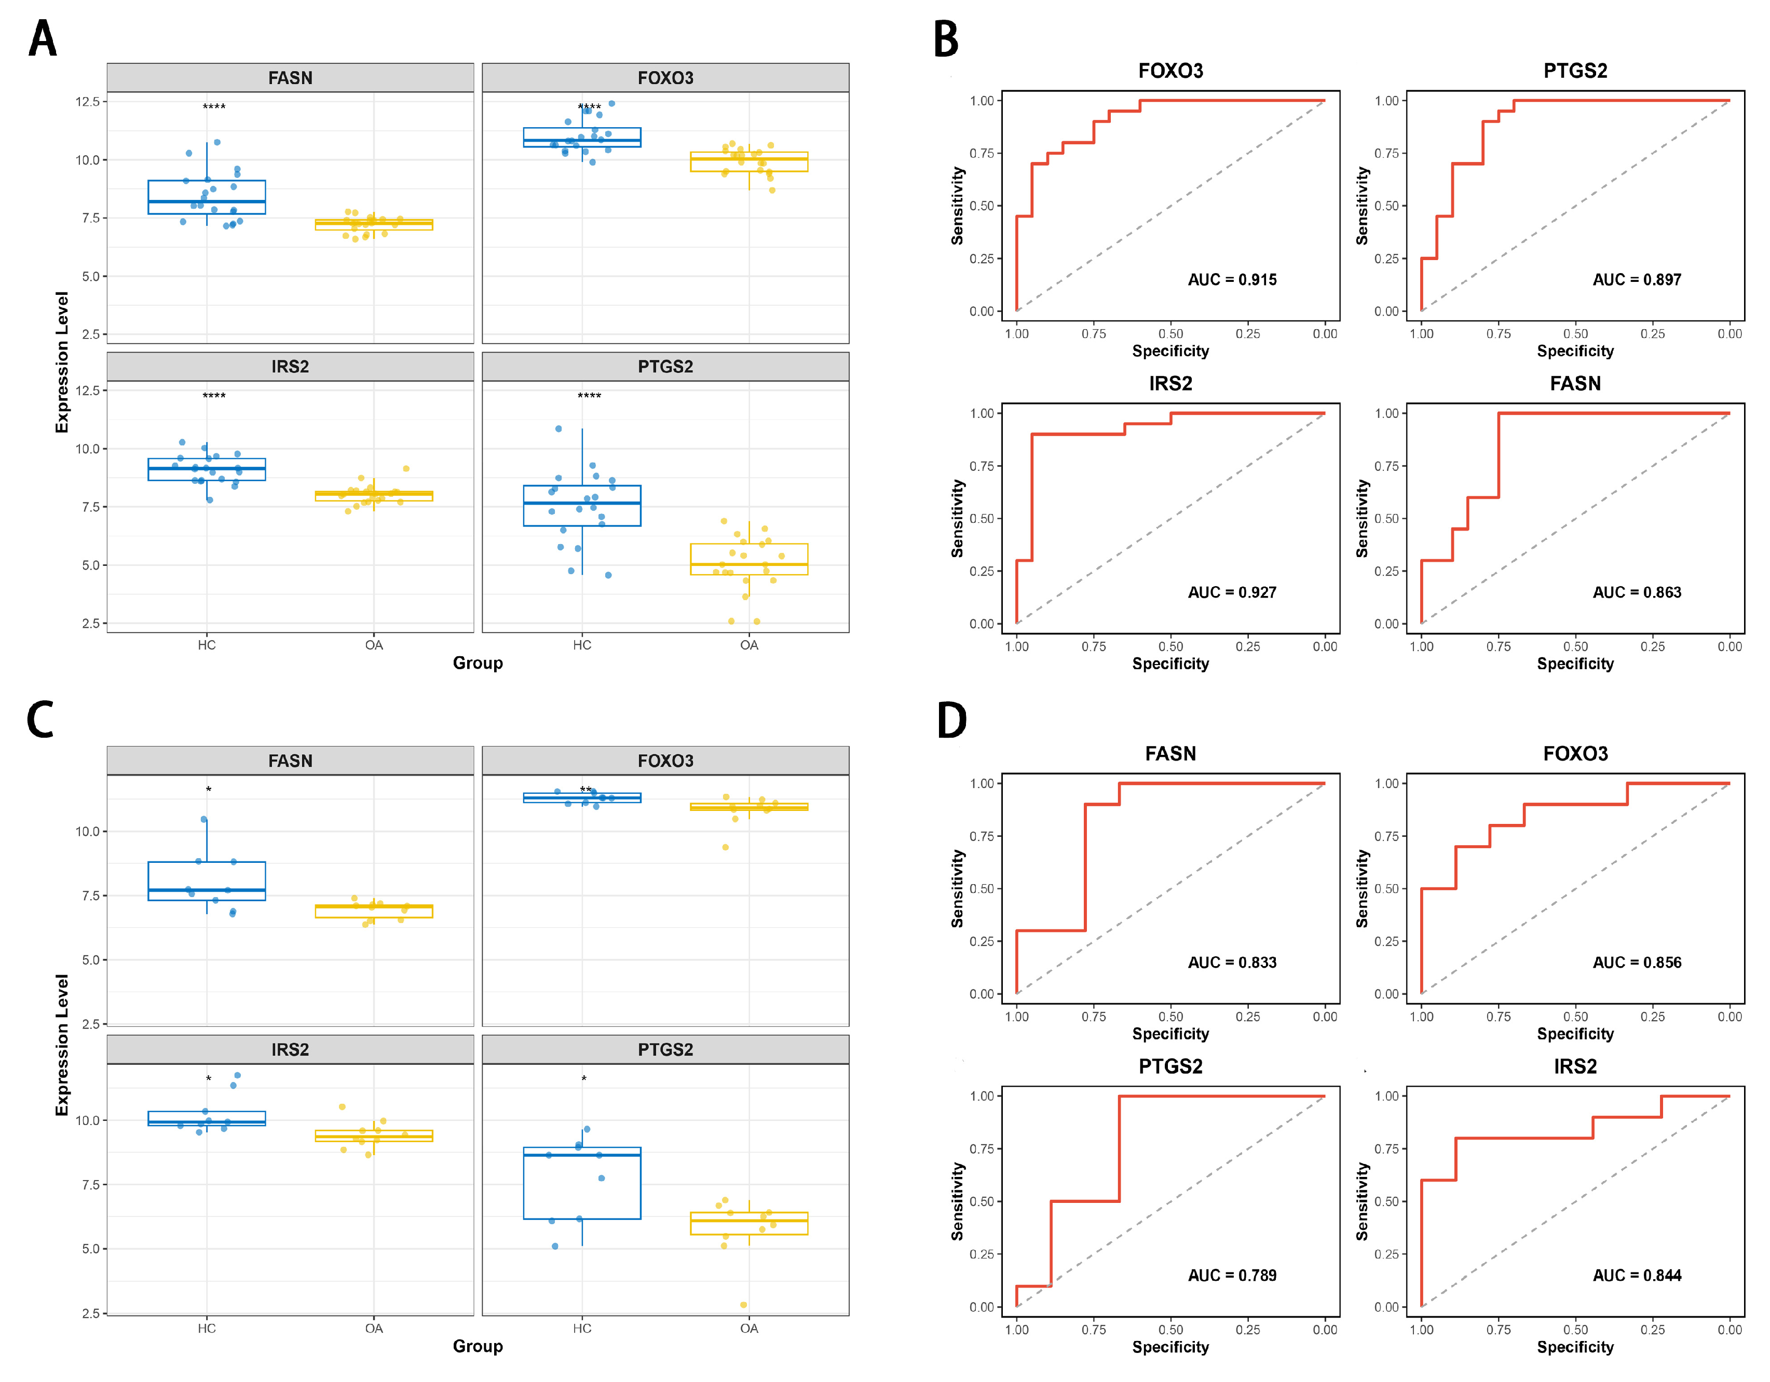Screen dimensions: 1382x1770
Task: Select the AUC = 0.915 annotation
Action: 1232,280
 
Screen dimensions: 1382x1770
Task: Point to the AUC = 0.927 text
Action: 1232,592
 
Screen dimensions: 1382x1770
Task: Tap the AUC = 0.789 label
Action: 1232,1275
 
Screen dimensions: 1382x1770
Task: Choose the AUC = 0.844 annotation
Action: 1636,1275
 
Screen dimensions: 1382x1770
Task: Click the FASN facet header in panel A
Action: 290,78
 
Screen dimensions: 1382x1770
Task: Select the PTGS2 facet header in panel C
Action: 665,1050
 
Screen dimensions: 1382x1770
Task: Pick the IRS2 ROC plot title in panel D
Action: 1575,1067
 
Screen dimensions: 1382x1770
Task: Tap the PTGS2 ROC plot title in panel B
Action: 1575,71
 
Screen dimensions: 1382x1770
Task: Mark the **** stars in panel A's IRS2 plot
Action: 214,396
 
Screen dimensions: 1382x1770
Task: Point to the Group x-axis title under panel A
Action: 478,663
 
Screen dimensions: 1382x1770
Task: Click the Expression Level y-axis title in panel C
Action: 62,1045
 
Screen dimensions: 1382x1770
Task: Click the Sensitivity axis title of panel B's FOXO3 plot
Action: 958,206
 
